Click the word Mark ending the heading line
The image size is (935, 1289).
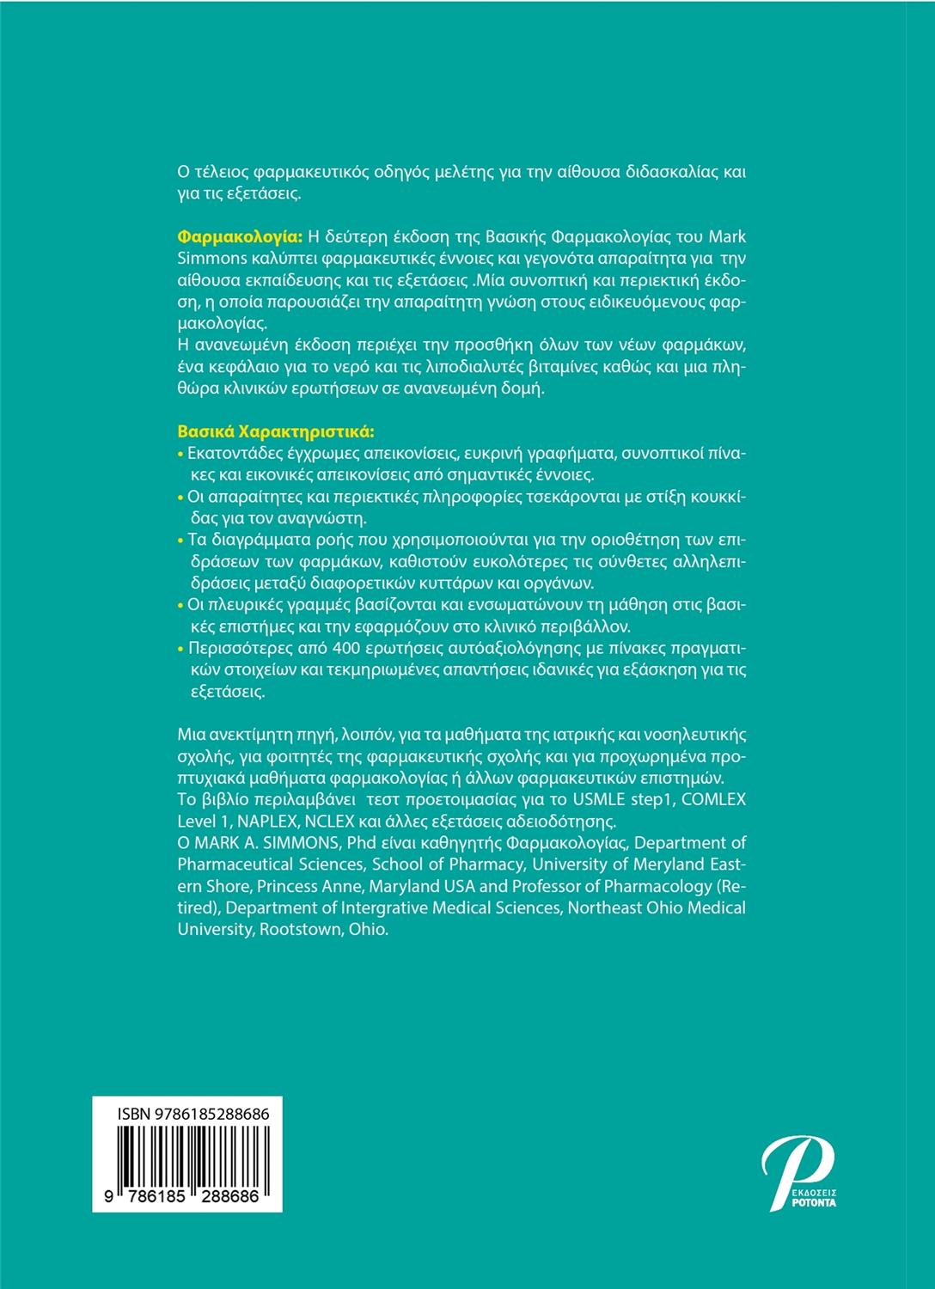(x=727, y=236)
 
